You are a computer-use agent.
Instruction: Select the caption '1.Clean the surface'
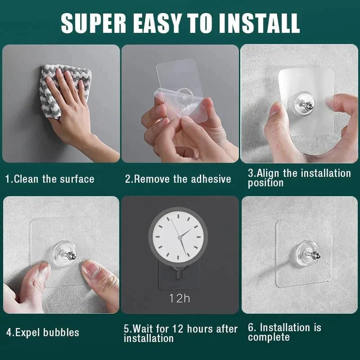pyautogui.click(x=49, y=179)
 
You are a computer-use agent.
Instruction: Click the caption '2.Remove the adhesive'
pyautogui.click(x=178, y=179)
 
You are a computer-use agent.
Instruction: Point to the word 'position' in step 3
pyautogui.click(x=265, y=183)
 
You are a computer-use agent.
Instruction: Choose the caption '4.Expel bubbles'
pyautogui.click(x=42, y=333)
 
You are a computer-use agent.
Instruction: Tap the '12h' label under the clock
pyautogui.click(x=180, y=298)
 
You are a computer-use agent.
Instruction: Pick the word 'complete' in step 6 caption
pyautogui.click(x=269, y=337)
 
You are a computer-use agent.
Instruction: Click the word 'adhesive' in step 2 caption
pyautogui.click(x=208, y=179)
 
